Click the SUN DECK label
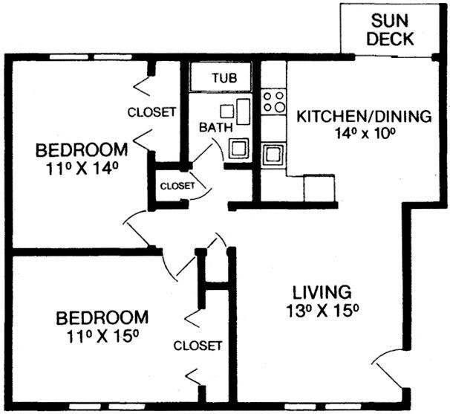click(x=390, y=30)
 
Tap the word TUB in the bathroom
click(x=225, y=77)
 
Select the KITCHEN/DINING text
click(x=364, y=117)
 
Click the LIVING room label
click(x=322, y=292)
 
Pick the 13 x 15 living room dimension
click(x=322, y=311)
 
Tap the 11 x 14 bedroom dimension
click(x=82, y=169)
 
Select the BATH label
click(x=216, y=128)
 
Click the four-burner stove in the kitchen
click(x=273, y=102)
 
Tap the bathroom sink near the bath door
click(x=238, y=148)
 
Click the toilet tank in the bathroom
click(x=244, y=111)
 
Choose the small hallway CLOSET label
click(x=177, y=186)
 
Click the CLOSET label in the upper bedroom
click(x=151, y=112)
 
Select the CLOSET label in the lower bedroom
click(x=198, y=346)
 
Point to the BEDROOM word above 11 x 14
click(x=82, y=149)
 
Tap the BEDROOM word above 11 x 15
click(x=102, y=317)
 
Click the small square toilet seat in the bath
click(x=227, y=111)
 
